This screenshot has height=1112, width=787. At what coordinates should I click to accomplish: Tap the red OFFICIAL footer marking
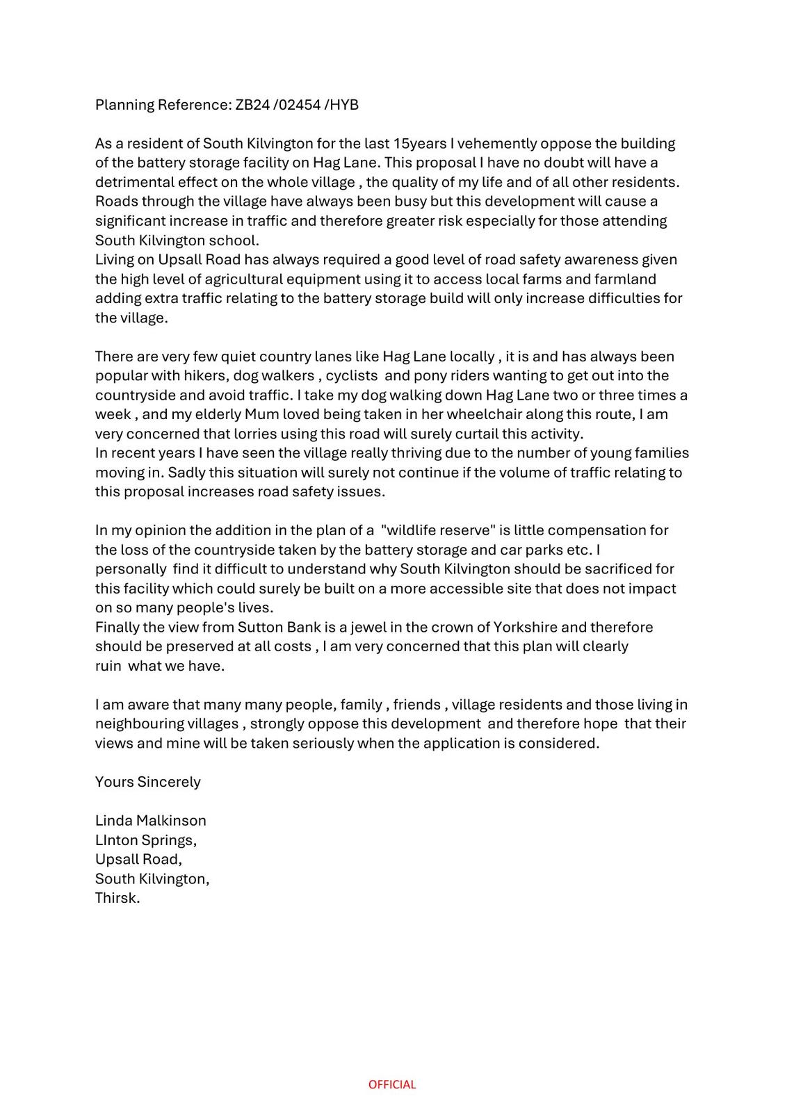[392, 1084]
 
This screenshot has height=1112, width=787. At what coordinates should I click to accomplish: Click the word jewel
[370, 627]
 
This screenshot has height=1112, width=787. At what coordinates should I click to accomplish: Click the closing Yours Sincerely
[148, 782]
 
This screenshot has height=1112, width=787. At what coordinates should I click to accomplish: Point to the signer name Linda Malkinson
[151, 821]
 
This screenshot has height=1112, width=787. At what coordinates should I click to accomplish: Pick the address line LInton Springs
[146, 840]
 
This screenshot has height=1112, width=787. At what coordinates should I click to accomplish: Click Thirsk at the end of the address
[117, 898]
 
